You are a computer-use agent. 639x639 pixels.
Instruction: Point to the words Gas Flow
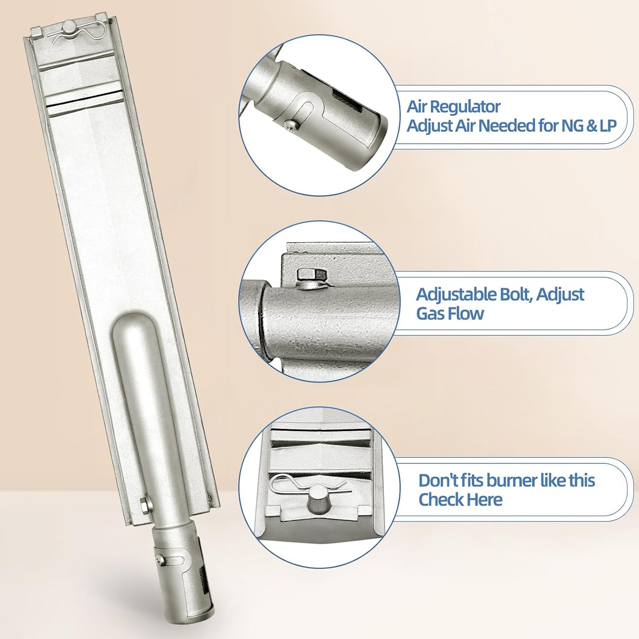[450, 313]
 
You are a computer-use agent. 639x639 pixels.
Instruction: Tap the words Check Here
[461, 500]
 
